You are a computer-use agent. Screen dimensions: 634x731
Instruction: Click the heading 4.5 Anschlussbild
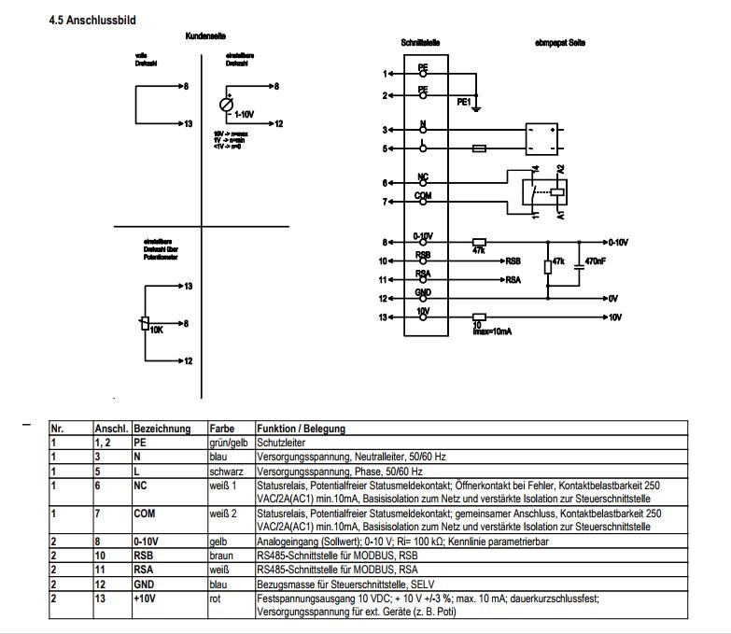pyautogui.click(x=92, y=20)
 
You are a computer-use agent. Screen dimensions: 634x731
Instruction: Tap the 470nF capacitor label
pyautogui.click(x=596, y=262)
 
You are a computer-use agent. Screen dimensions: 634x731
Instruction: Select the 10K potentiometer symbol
pyautogui.click(x=145, y=323)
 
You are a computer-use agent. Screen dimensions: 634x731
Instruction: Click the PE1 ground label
pyautogui.click(x=463, y=103)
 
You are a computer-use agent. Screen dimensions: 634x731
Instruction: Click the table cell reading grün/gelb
pyautogui.click(x=228, y=442)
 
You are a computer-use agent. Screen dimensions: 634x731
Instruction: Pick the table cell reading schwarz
pyautogui.click(x=226, y=472)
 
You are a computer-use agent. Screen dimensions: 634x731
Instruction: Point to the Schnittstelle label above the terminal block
pyautogui.click(x=420, y=43)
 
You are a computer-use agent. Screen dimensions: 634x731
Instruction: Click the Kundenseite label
pyautogui.click(x=203, y=35)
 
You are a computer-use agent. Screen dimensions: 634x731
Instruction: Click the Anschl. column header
pyautogui.click(x=111, y=429)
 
